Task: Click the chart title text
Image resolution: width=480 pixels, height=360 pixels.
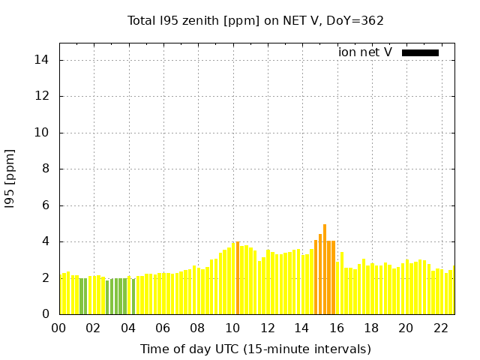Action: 256,21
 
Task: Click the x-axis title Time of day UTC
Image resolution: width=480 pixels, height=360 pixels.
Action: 256,349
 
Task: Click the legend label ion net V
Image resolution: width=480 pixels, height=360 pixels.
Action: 365,52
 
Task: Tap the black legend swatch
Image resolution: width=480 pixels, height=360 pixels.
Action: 420,52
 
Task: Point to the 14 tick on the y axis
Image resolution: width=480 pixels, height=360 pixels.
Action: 43,60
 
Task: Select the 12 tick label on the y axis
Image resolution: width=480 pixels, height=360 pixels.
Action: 43,96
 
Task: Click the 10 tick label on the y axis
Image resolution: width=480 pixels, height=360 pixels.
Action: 43,133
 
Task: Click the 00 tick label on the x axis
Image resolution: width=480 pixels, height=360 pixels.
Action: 59,328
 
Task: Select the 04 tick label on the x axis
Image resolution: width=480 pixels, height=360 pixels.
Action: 128,328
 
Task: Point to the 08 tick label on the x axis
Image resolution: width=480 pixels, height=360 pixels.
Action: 198,328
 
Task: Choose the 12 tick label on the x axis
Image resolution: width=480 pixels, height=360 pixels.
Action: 267,328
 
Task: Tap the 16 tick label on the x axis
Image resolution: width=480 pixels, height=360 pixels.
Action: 337,328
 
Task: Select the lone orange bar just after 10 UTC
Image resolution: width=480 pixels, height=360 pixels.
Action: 238,278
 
